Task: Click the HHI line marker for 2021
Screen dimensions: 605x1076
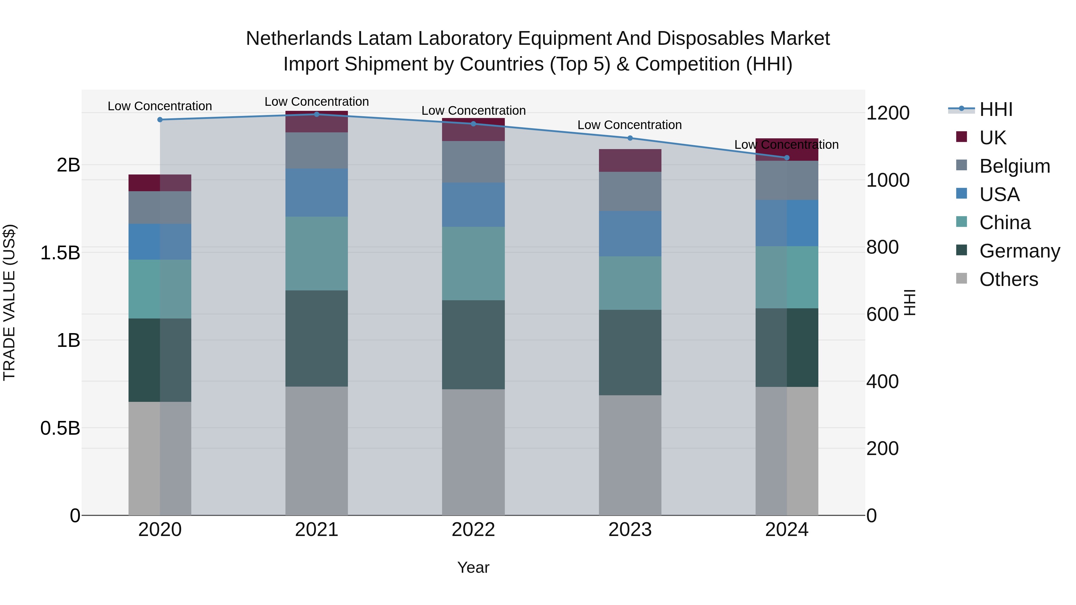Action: [316, 114]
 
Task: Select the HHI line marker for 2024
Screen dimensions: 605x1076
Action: [787, 157]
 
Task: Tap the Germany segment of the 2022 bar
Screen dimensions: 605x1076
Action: [473, 344]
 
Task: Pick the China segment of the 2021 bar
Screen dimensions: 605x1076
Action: [316, 253]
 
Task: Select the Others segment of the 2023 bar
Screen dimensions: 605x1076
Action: [630, 455]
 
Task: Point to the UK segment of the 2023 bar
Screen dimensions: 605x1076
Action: [630, 160]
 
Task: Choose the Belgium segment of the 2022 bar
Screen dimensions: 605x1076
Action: [473, 162]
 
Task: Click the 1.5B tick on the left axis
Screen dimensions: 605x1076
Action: [60, 252]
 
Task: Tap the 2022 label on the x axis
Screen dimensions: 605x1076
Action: [473, 529]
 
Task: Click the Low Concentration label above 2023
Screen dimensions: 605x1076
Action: [629, 125]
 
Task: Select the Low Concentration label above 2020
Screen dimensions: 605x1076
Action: [160, 106]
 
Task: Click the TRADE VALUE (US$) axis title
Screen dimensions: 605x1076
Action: [9, 302]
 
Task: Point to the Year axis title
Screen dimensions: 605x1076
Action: [473, 567]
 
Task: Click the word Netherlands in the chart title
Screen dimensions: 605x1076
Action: [299, 39]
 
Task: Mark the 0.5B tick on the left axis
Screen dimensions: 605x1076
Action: [60, 428]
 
